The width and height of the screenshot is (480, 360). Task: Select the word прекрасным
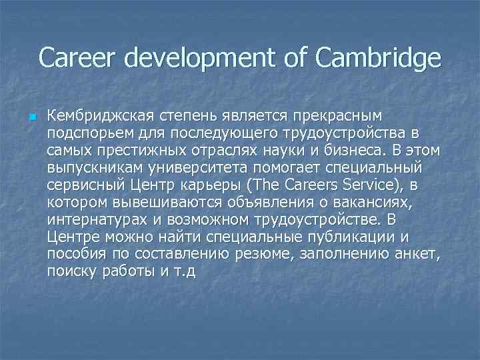pyautogui.click(x=345, y=117)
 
